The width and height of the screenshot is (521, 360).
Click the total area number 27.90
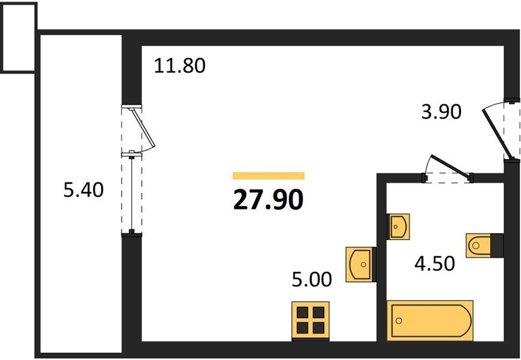pyautogui.click(x=269, y=200)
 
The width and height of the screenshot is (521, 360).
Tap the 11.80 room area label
pyautogui.click(x=180, y=65)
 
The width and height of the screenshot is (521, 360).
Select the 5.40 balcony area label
pyautogui.click(x=83, y=190)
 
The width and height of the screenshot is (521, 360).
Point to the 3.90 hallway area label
pyautogui.click(x=441, y=112)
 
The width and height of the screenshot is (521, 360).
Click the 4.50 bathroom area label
pyautogui.click(x=435, y=263)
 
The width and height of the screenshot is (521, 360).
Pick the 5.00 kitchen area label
pyautogui.click(x=312, y=279)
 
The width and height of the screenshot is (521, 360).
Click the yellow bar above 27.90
pyautogui.click(x=269, y=176)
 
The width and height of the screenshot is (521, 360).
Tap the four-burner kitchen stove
pyautogui.click(x=311, y=320)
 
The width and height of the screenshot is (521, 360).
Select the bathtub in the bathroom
pyautogui.click(x=430, y=320)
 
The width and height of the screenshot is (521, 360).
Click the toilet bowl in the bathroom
pyautogui.click(x=478, y=245)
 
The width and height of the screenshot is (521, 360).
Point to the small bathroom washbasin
pyautogui.click(x=398, y=226)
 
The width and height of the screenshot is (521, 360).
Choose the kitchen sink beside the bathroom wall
pyautogui.click(x=360, y=265)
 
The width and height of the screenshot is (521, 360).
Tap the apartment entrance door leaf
pyautogui.click(x=496, y=134)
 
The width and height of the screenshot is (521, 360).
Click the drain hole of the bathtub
pyautogui.click(x=399, y=321)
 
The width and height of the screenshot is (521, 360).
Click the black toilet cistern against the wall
pyautogui.click(x=498, y=245)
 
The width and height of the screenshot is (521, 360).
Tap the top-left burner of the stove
pyautogui.click(x=303, y=313)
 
